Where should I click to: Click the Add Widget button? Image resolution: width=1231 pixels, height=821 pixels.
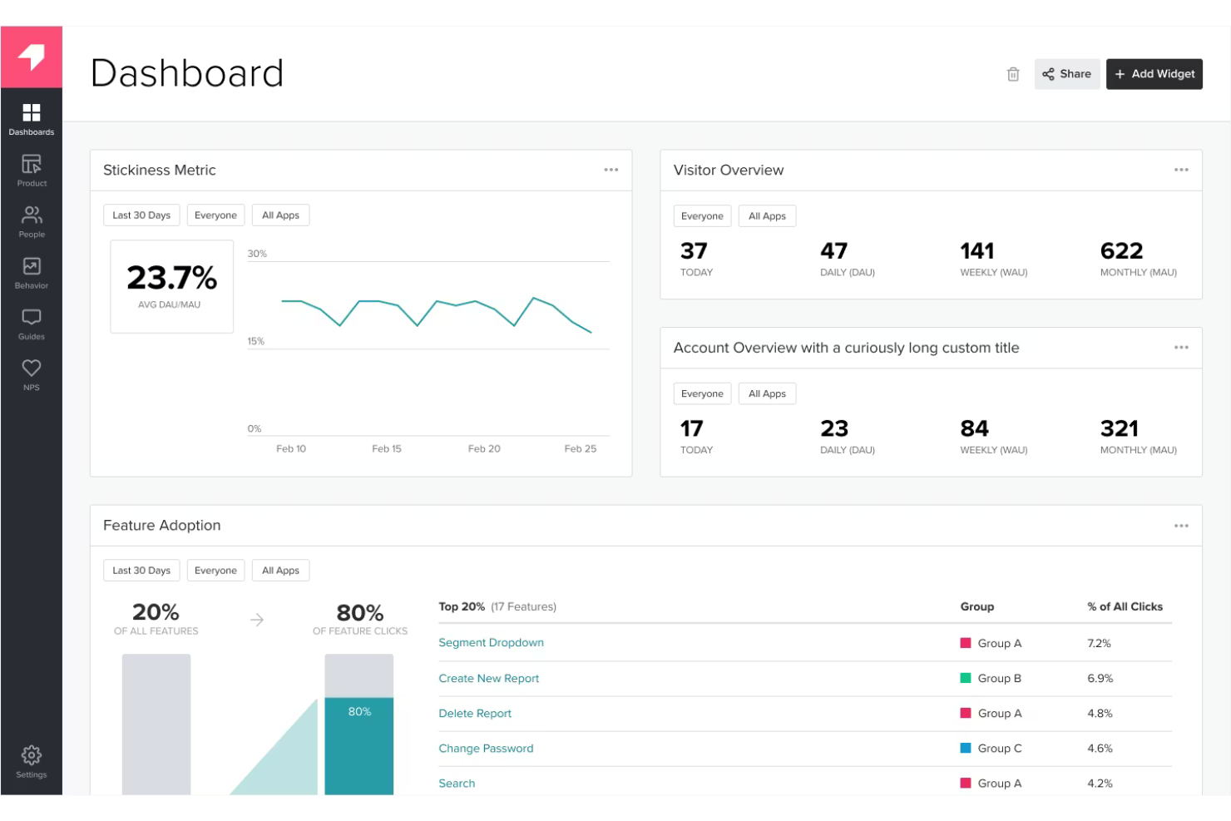pos(1154,74)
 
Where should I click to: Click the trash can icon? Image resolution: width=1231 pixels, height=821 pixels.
pos(1013,74)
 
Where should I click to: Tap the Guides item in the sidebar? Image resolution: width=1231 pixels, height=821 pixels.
pos(32,324)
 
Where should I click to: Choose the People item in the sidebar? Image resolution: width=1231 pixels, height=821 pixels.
pos(32,221)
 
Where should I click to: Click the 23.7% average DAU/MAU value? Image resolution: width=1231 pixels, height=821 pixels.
pos(171,278)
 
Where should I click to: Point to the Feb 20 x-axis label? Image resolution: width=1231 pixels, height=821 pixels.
pos(484,448)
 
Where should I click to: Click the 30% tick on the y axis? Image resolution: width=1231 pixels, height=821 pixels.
pos(257,254)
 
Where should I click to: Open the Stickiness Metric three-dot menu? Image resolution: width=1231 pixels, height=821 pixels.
pos(611,170)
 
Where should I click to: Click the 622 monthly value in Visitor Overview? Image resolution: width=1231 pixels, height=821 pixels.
pos(1121,251)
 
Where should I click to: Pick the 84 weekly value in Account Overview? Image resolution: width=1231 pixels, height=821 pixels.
pos(974,428)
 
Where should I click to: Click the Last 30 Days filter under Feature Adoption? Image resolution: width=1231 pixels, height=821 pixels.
pos(141,571)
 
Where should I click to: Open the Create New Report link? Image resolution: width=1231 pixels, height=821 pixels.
pos(488,679)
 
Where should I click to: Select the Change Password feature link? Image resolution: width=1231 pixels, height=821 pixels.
pos(486,749)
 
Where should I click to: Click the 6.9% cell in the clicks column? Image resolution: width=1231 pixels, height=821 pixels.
pos(1100,679)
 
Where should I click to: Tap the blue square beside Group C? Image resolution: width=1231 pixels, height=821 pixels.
pos(966,748)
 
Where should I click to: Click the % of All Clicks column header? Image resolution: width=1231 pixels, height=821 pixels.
pos(1125,606)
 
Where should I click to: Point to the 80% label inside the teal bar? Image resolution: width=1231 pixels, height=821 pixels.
pos(359,712)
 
